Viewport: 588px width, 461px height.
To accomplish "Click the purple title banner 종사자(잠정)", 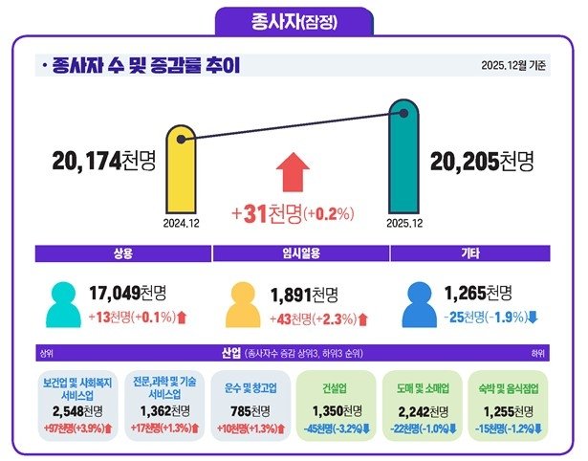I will point(293,19).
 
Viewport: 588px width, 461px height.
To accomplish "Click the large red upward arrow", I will point(294,176).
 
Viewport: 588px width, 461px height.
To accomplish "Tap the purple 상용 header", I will point(120,253).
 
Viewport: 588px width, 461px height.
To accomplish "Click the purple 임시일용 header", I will point(293,253).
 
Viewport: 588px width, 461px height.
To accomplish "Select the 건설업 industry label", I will point(338,390).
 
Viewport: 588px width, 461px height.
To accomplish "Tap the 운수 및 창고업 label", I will point(251,390).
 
